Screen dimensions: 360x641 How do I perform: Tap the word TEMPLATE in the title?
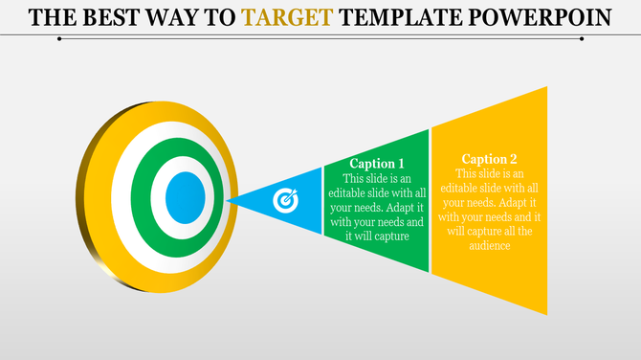click(x=410, y=16)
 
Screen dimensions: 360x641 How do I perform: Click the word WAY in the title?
click(x=176, y=16)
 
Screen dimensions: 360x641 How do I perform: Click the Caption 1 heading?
click(x=376, y=164)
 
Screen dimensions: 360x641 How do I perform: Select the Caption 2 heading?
click(x=489, y=159)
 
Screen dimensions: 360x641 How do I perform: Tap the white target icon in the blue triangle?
click(x=286, y=200)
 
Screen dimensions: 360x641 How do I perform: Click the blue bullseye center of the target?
click(x=185, y=198)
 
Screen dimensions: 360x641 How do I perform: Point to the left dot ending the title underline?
click(x=60, y=39)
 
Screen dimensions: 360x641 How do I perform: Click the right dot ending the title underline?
click(x=583, y=39)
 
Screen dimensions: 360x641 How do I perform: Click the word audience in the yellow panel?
click(x=489, y=246)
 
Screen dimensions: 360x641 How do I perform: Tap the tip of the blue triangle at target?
click(x=229, y=200)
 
